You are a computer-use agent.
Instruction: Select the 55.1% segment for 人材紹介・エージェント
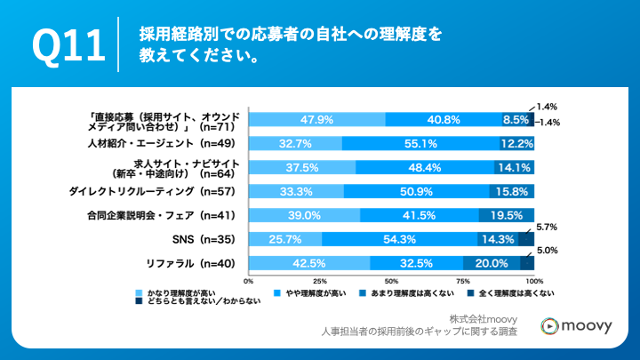(416, 143)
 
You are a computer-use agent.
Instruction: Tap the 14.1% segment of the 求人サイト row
(514, 167)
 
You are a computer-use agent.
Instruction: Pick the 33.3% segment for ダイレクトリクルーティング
(296, 190)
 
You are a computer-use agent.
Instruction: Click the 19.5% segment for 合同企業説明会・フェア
(507, 214)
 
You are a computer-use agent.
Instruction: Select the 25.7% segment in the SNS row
(285, 238)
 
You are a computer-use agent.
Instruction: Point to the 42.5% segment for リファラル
(309, 262)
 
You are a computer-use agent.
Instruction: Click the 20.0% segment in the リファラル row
(492, 262)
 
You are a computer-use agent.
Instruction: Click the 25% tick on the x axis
(320, 280)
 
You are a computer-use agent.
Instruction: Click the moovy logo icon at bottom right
(552, 326)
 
